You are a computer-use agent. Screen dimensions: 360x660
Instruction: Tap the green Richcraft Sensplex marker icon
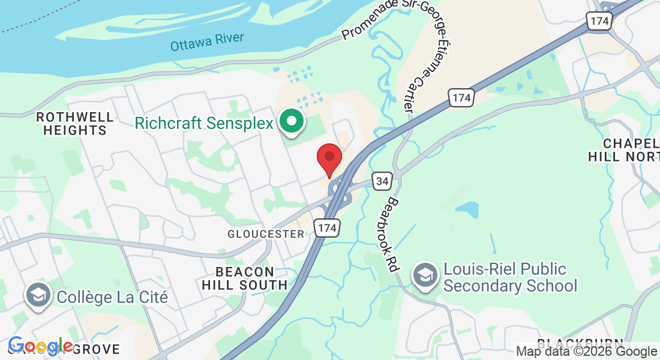pyautogui.click(x=292, y=122)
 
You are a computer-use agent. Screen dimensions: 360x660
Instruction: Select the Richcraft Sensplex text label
pyautogui.click(x=204, y=123)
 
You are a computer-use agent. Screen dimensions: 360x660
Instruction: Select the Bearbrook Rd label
pyautogui.click(x=394, y=234)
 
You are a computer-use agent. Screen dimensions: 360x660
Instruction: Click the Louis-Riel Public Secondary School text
pyautogui.click(x=510, y=277)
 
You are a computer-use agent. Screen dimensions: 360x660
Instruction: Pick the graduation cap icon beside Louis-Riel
pyautogui.click(x=425, y=276)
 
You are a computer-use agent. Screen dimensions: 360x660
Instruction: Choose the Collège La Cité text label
pyautogui.click(x=112, y=296)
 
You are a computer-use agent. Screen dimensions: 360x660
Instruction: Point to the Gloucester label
pyautogui.click(x=266, y=234)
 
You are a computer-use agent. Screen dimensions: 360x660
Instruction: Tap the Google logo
pyautogui.click(x=40, y=346)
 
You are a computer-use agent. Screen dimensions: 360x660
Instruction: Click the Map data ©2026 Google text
pyautogui.click(x=586, y=352)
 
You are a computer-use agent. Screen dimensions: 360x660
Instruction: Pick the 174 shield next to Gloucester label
pyautogui.click(x=328, y=228)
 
